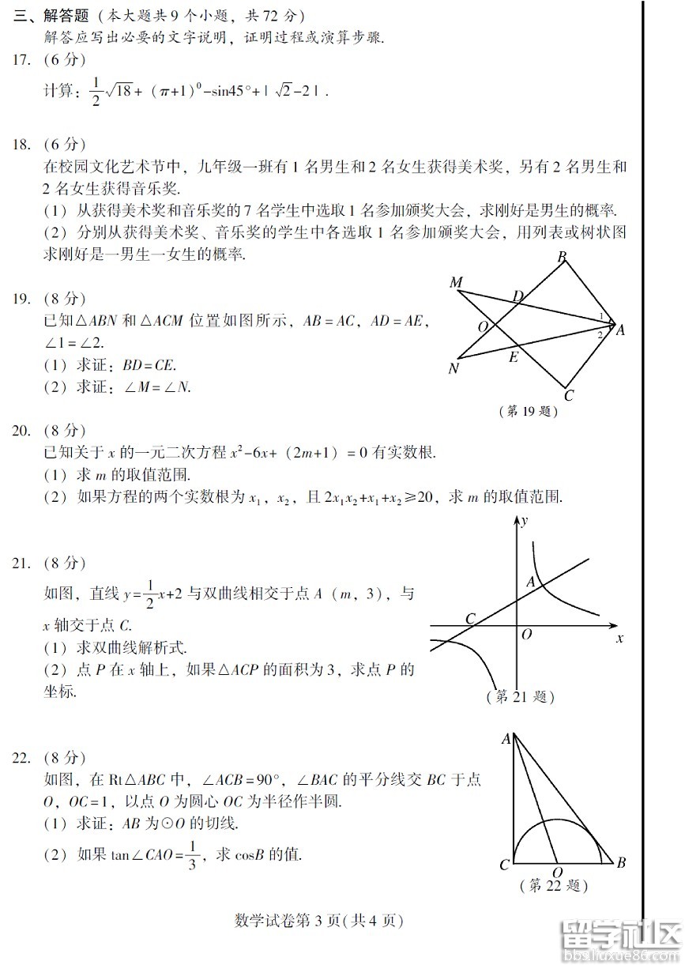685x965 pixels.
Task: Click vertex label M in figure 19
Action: (455, 283)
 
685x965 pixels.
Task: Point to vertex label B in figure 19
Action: (562, 257)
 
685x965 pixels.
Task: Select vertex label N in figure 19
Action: (454, 368)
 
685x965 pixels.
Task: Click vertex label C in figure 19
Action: (568, 396)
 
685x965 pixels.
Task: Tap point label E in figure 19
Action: (514, 357)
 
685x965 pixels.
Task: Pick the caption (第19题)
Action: (529, 412)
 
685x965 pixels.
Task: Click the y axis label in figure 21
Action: (525, 521)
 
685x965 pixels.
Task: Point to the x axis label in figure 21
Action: (619, 638)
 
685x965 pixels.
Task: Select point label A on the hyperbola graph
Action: (532, 582)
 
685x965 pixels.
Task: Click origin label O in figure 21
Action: (526, 634)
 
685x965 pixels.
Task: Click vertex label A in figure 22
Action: (505, 739)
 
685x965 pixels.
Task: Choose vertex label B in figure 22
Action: (621, 862)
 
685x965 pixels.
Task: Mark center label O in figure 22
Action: (558, 873)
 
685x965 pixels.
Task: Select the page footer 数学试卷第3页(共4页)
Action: (319, 921)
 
